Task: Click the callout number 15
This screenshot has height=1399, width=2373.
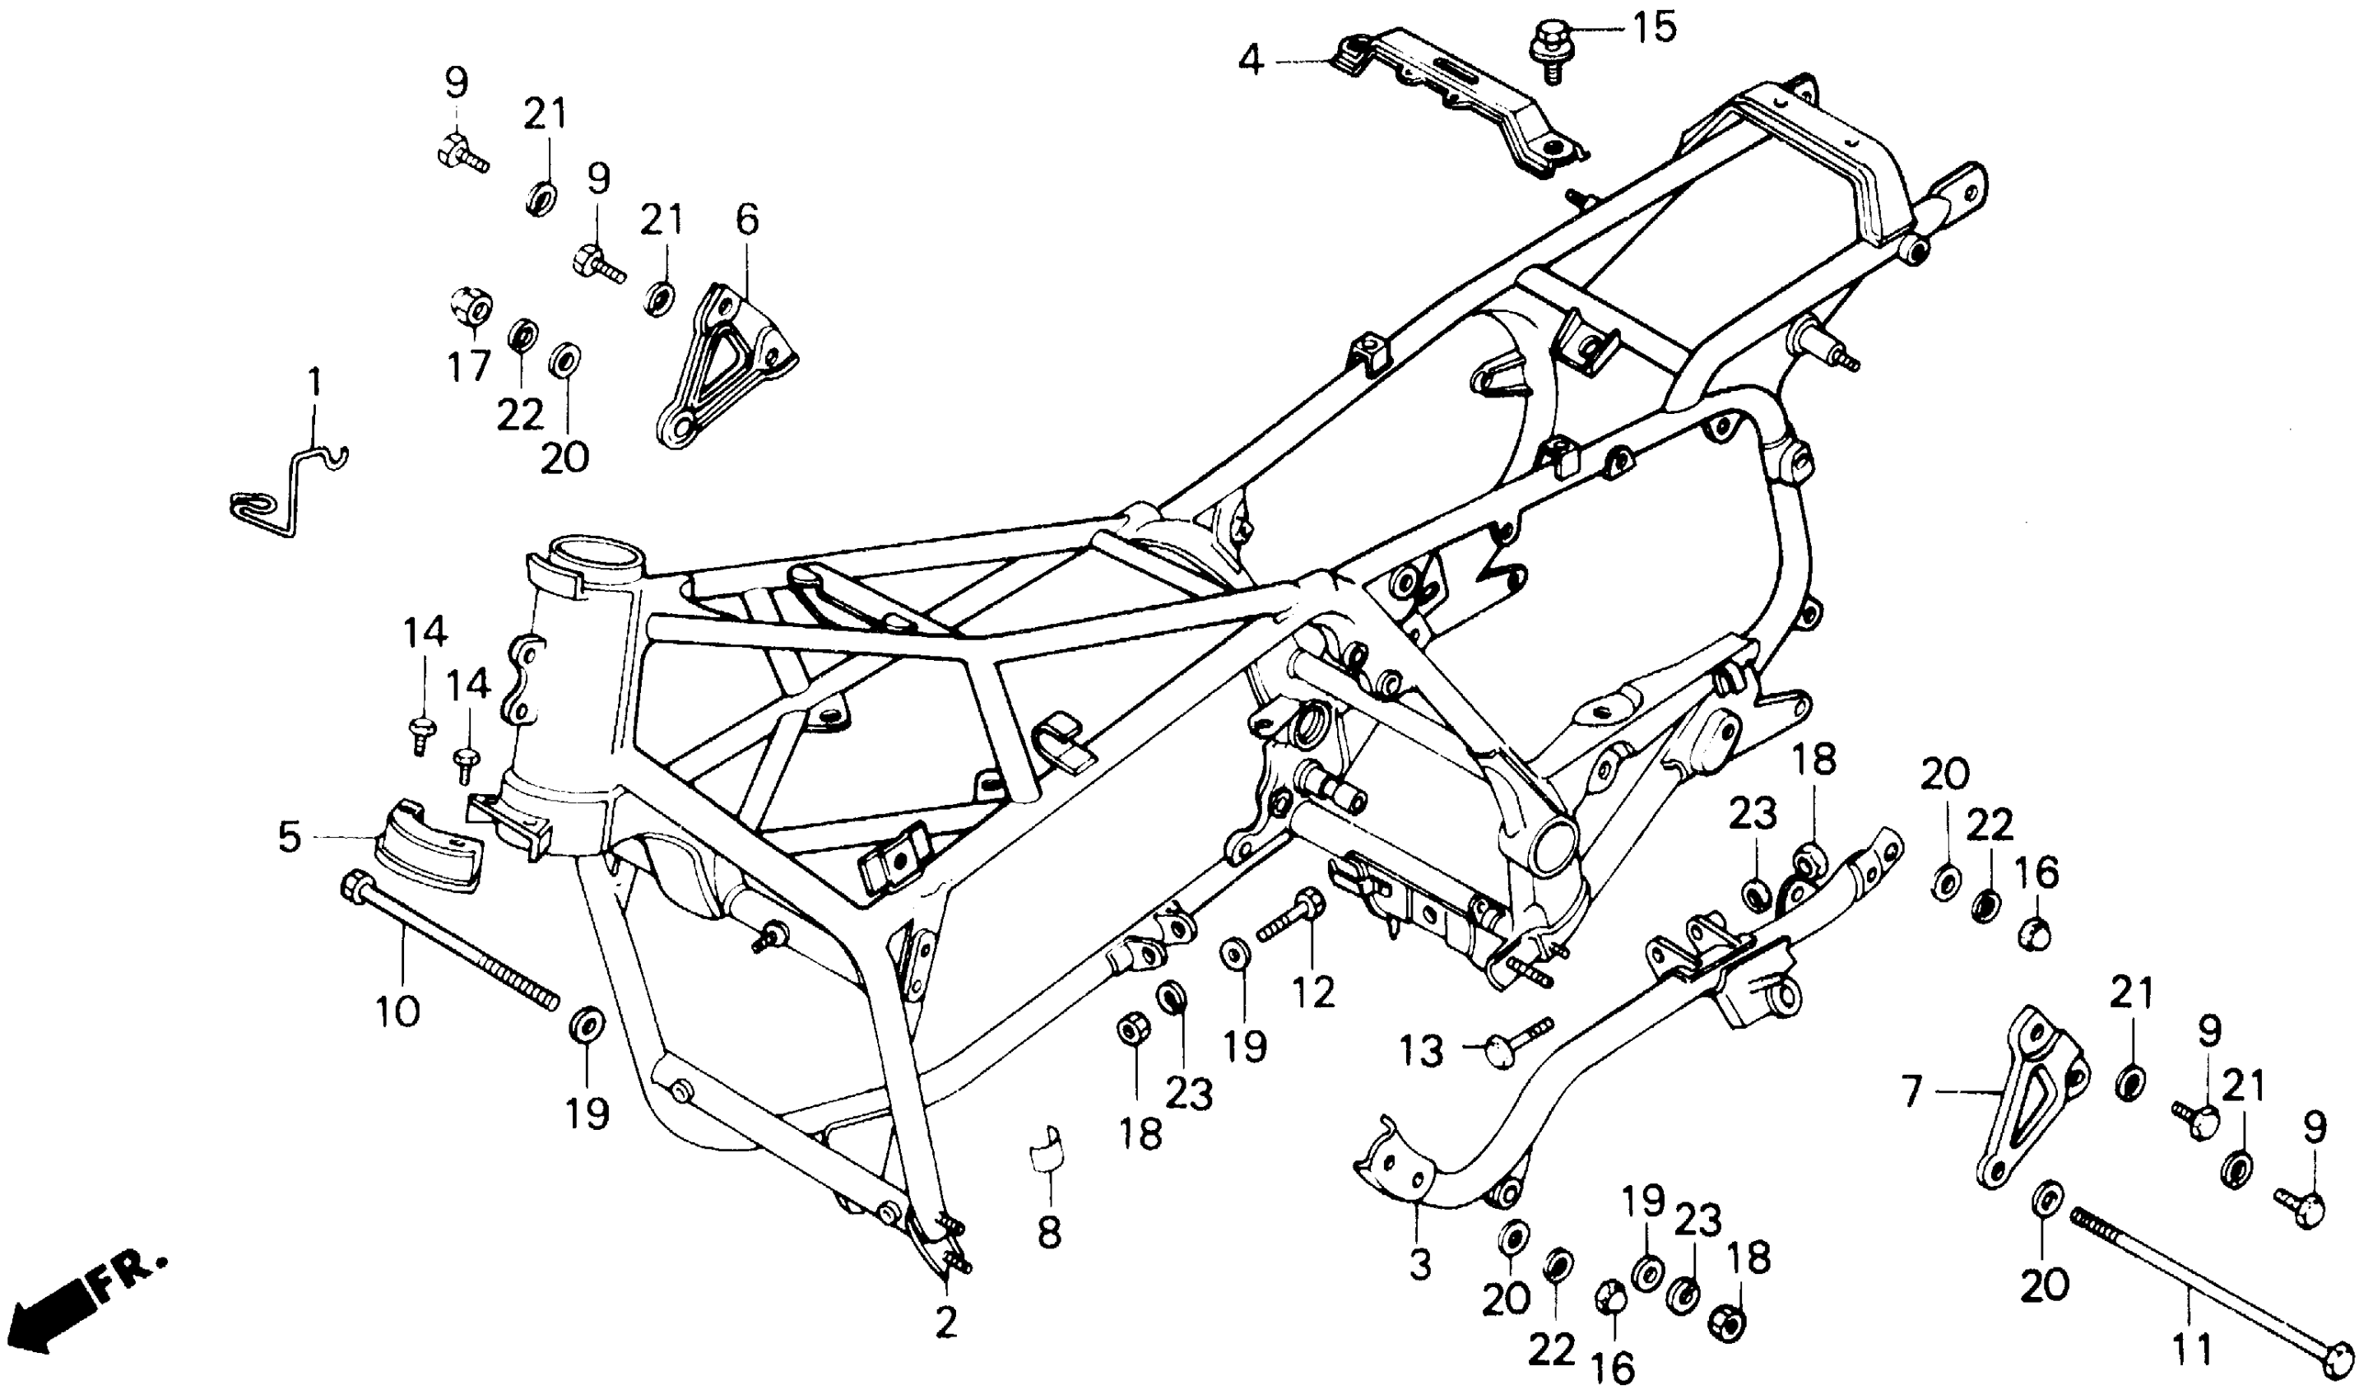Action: pyautogui.click(x=1655, y=27)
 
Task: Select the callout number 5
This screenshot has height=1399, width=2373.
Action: pyautogui.click(x=290, y=837)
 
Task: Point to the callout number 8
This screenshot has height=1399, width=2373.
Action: pyautogui.click(x=1049, y=1231)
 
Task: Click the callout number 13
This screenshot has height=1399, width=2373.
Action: pyautogui.click(x=1420, y=1050)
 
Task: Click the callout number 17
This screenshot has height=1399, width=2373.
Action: pyautogui.click(x=468, y=365)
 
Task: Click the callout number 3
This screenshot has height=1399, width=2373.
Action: pyautogui.click(x=1419, y=1264)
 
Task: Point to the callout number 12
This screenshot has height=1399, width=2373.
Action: pyautogui.click(x=1314, y=991)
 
